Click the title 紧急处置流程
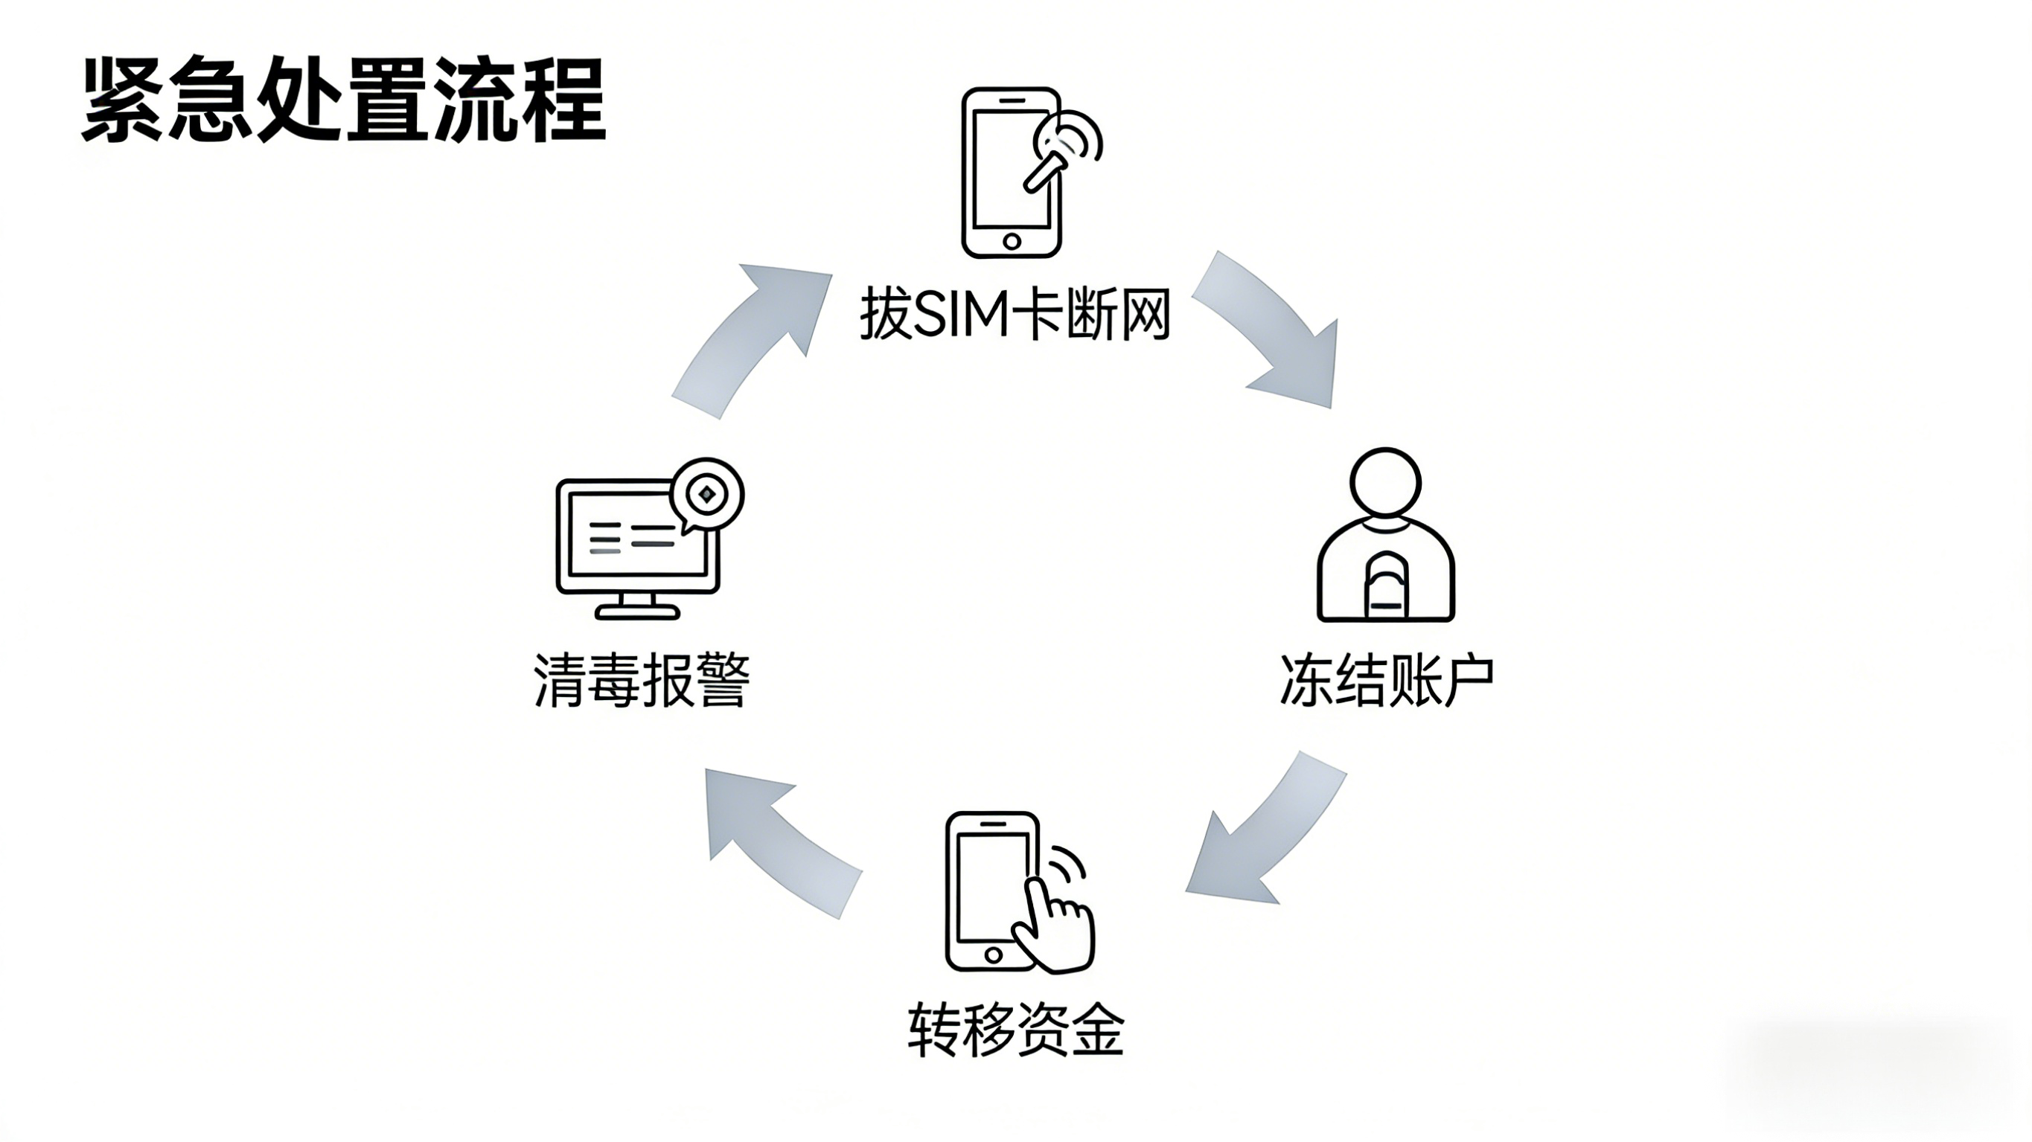tap(344, 101)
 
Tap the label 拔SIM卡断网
tap(1015, 315)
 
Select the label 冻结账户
tap(1387, 680)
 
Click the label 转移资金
tap(1015, 1030)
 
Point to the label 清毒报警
tap(642, 680)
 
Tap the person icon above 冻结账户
tap(1386, 536)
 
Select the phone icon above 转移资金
tap(994, 891)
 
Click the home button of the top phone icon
tap(1012, 240)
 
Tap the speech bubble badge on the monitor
tap(707, 495)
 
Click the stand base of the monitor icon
tap(637, 612)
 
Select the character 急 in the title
tap(211, 101)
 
